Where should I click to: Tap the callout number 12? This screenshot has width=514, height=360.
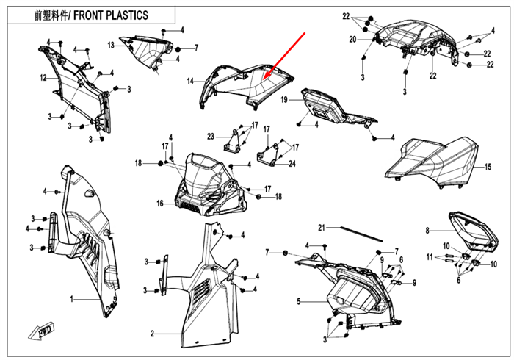coord(43,78)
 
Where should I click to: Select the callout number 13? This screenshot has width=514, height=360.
coord(112,45)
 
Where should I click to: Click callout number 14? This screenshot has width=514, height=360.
coord(190,81)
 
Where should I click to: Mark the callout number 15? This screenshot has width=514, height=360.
coord(487,168)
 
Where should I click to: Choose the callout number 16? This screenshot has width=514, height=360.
coord(159,203)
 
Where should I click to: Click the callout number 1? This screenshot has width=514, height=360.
coord(72,300)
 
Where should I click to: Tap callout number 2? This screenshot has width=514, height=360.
coord(152,334)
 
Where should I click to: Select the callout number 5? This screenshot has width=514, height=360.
coord(299,301)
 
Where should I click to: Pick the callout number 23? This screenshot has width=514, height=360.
coord(210,137)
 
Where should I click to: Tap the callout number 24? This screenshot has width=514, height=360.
coord(292,164)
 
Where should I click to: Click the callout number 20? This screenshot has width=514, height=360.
coord(352,39)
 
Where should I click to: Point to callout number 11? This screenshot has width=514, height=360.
coord(431,256)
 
